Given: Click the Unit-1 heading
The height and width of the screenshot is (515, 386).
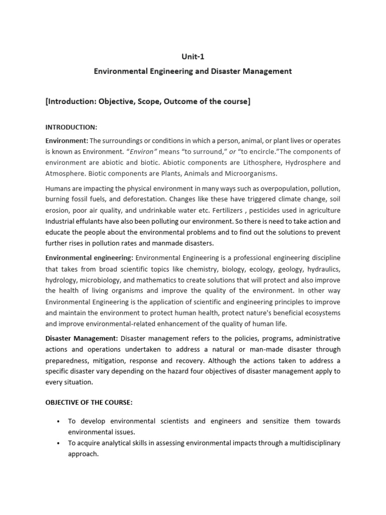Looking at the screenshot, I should coord(193,56).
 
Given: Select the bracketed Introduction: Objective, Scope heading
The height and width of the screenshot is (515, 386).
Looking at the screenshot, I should coord(148,102).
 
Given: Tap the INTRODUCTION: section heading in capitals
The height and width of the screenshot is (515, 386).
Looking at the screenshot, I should coord(71,128).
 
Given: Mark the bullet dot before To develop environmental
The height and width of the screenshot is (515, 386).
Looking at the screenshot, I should coord(59,421).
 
